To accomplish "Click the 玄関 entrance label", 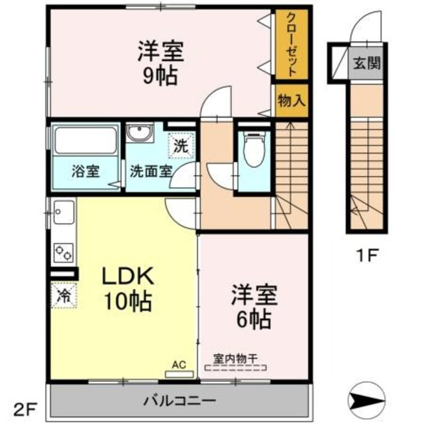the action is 367,64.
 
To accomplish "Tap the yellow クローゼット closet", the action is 291,44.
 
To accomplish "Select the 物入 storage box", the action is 291,101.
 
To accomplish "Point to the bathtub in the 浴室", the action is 85,140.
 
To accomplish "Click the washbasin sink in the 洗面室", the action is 140,132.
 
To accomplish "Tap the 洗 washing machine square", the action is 181,146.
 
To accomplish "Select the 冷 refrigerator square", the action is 64,294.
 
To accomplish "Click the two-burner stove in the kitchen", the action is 64,252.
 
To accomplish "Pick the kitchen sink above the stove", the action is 64,212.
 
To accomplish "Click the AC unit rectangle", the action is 180,374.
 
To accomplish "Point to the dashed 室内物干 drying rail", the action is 236,368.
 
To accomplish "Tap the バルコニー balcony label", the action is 180,400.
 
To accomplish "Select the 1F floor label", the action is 367,256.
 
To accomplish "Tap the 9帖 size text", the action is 160,76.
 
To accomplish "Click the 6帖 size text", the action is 254,319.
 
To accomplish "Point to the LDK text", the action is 128,276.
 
